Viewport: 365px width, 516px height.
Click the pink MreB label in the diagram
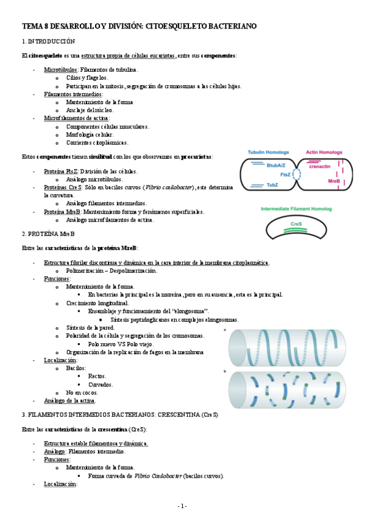[333, 181]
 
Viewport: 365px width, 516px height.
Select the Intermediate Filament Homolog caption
[296, 208]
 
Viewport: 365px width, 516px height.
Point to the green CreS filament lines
[297, 230]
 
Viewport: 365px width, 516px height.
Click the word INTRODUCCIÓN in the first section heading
[51, 41]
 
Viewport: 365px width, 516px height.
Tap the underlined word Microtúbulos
[60, 70]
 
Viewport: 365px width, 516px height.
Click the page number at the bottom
[182, 506]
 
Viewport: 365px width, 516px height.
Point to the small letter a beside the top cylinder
[226, 330]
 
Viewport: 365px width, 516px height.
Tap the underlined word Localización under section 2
[60, 360]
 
